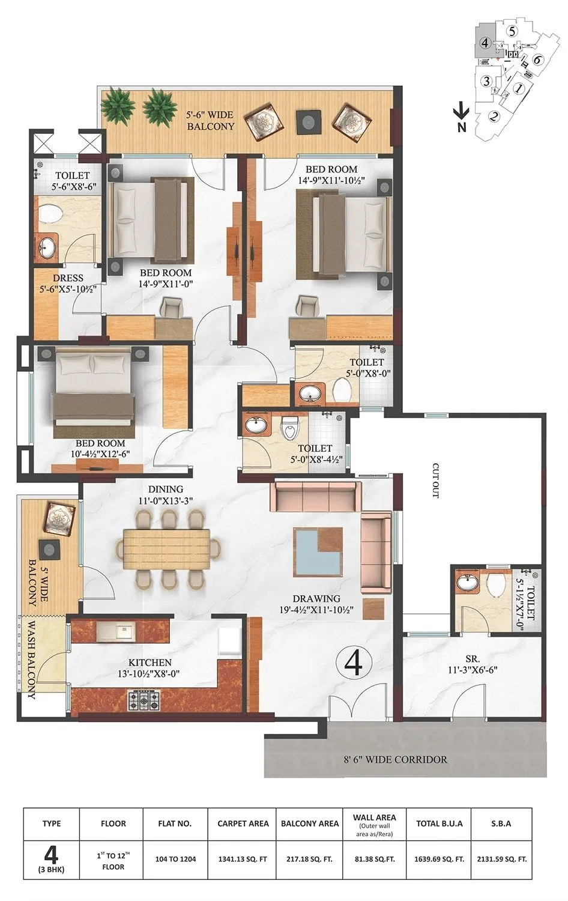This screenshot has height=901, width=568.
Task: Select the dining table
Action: coord(167,548)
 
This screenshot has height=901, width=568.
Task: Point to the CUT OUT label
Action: coord(436,481)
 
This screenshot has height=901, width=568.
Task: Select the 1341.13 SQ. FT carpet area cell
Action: coord(243,859)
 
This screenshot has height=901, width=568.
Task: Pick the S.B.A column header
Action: coord(500,824)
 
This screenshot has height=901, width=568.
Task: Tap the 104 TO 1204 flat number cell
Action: coord(175,859)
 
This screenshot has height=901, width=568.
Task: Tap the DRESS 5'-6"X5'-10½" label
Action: coord(68,284)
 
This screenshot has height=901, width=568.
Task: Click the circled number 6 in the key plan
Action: coord(537,59)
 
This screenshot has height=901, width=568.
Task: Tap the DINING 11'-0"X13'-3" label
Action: coord(166,494)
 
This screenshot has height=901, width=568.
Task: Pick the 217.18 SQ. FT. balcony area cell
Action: coord(310,859)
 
